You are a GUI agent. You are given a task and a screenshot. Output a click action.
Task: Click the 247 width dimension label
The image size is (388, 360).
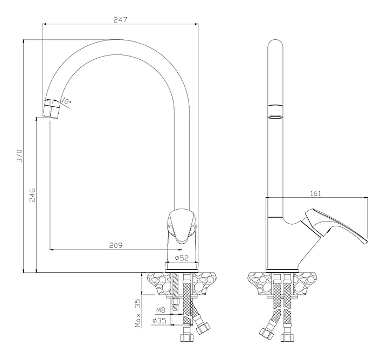(120, 19)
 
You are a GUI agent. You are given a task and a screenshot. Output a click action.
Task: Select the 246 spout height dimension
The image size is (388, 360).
(32, 195)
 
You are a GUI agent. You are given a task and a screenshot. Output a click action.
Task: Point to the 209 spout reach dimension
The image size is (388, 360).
(115, 245)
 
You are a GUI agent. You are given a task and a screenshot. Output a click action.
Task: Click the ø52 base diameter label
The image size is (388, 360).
(183, 258)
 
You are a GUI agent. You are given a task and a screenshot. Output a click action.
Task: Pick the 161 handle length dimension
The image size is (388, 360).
(317, 192)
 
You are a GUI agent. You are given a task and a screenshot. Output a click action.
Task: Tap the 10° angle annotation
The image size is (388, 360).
(66, 101)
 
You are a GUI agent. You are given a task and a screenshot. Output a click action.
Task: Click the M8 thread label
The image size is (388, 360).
(161, 310)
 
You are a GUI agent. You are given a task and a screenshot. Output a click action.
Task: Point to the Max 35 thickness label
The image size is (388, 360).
(138, 313)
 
